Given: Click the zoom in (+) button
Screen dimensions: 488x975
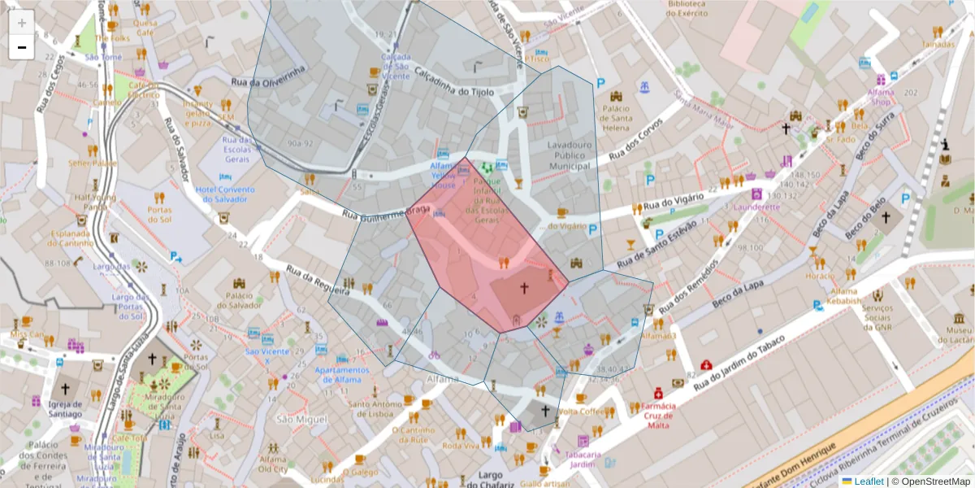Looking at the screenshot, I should (x=22, y=23).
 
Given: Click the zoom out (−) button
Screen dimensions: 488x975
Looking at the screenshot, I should (x=22, y=47).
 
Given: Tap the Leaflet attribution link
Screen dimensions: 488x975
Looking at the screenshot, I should (x=867, y=481).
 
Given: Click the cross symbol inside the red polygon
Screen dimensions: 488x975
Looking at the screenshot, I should (x=524, y=288).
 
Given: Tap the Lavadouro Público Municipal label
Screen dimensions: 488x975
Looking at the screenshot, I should (x=570, y=155).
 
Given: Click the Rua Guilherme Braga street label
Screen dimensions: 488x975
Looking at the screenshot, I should (x=385, y=214).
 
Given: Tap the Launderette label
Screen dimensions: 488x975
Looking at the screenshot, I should (x=757, y=207).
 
